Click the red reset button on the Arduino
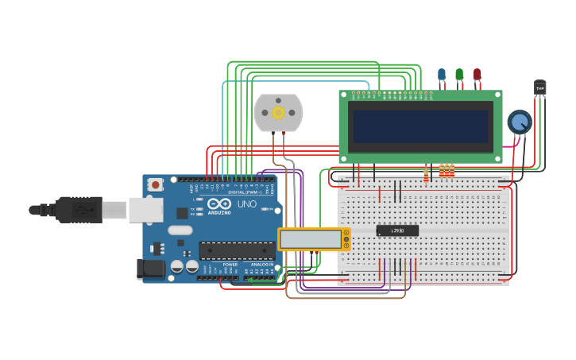[x=156, y=185]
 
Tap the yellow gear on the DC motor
[x=279, y=112]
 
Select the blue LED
[x=442, y=75]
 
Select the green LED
[x=459, y=75]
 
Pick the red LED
[x=477, y=75]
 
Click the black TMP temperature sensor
[x=539, y=87]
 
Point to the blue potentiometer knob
[x=519, y=122]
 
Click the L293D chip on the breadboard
[x=397, y=230]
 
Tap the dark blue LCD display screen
[x=420, y=126]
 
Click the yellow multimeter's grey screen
[x=310, y=239]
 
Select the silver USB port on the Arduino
[x=146, y=210]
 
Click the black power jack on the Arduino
[x=150, y=269]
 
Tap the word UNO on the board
[x=247, y=204]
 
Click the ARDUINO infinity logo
[x=218, y=204]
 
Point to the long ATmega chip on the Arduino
[x=237, y=251]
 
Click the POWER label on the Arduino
[x=230, y=265]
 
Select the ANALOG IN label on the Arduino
[x=262, y=265]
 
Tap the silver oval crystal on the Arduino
[x=180, y=230]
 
